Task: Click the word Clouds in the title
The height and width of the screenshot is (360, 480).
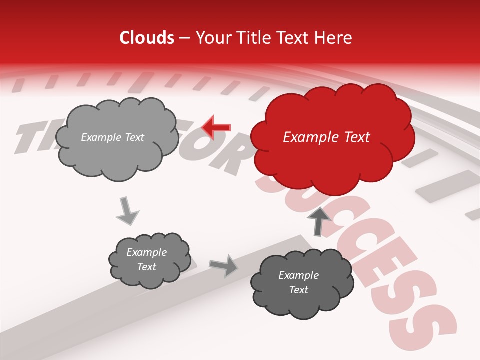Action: tap(147, 38)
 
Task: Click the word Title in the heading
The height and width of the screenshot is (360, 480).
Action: tap(253, 38)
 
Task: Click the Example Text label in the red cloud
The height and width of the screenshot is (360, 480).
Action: tap(326, 137)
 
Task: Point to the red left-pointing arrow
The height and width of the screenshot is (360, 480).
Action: tap(216, 127)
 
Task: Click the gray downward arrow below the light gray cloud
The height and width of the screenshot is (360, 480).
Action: tap(127, 211)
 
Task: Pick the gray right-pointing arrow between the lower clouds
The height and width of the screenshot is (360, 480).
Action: tap(224, 265)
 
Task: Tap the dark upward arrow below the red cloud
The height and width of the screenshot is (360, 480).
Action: tap(319, 221)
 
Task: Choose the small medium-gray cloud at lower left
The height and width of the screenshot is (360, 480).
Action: tap(149, 260)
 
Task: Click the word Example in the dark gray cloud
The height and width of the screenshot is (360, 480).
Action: tap(298, 275)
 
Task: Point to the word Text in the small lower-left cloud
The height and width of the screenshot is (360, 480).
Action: tap(146, 267)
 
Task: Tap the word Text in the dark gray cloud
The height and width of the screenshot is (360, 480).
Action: tap(298, 290)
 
